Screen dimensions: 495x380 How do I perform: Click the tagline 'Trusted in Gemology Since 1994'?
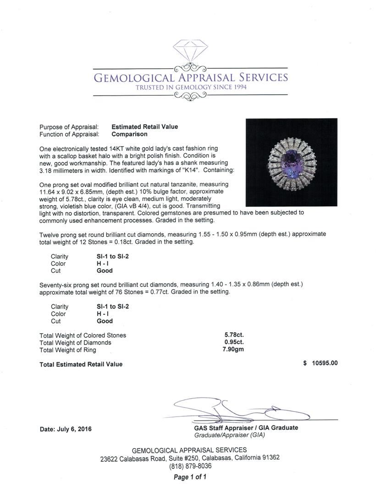pos(190,87)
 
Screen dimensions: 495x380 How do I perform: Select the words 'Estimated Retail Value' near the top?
pos(145,127)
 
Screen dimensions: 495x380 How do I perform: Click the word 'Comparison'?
pos(130,134)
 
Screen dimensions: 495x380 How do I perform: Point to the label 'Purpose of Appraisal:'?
pos(69,127)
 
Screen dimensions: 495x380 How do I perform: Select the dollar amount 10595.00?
pos(325,363)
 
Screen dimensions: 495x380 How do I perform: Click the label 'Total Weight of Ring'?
pos(68,350)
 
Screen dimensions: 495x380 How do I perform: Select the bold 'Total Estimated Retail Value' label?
pos(81,364)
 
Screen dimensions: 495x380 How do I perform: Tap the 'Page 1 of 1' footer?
pos(190,477)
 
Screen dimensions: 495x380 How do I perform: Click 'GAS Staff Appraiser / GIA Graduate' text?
pos(246,428)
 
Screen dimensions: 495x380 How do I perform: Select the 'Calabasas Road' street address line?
pos(190,458)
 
